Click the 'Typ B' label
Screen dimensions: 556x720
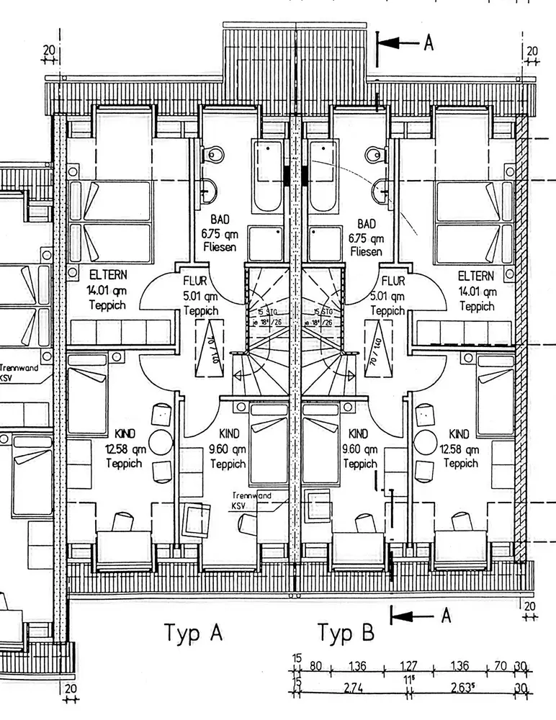(346, 633)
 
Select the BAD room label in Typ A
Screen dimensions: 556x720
(220, 220)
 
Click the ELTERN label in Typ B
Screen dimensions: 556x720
(476, 276)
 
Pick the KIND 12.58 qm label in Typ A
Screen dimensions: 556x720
(124, 434)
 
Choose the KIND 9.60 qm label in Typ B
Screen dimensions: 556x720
(358, 434)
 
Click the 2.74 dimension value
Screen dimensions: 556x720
(353, 688)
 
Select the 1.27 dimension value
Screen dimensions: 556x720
(408, 666)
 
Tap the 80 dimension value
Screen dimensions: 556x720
(315, 666)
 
